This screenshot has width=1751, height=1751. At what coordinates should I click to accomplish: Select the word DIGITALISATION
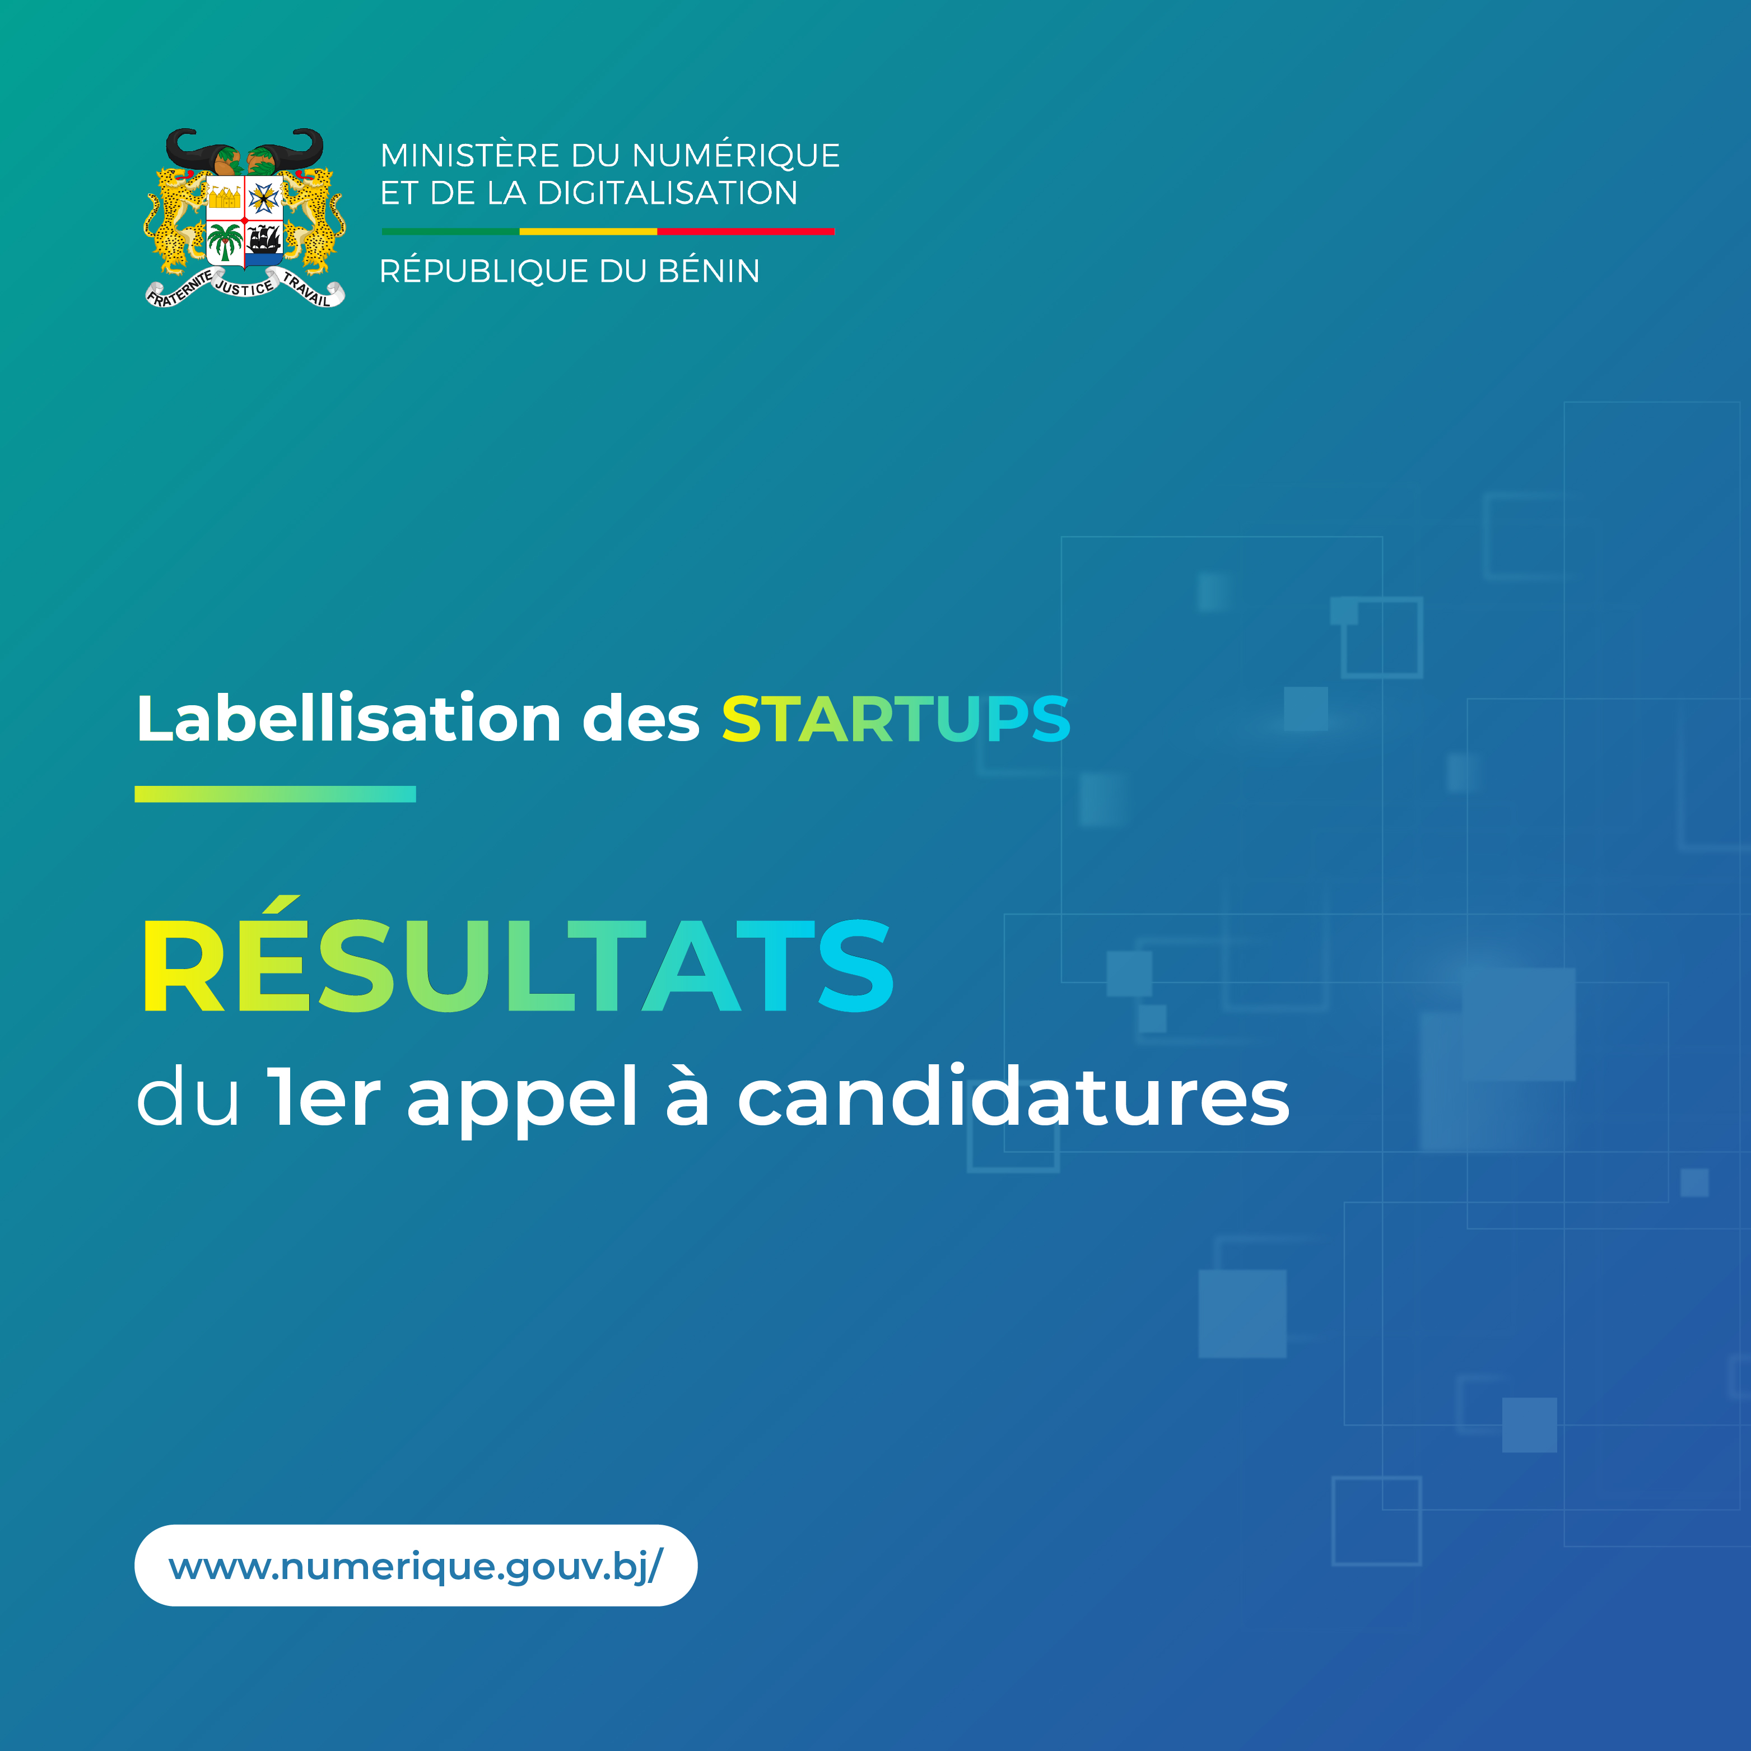667,193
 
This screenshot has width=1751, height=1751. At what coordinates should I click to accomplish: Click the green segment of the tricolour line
450,232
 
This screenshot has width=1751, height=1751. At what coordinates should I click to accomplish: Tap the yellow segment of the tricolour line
588,232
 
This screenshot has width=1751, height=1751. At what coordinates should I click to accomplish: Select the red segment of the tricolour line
746,232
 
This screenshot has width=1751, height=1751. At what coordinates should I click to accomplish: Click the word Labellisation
349,719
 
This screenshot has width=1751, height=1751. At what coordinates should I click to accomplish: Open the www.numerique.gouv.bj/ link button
416,1565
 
